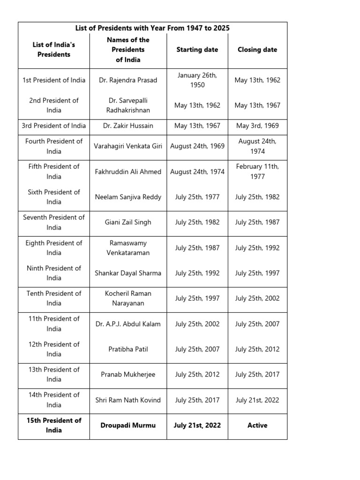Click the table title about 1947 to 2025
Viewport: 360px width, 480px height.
(152, 28)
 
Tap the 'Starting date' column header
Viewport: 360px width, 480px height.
(197, 50)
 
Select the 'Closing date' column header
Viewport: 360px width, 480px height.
(257, 50)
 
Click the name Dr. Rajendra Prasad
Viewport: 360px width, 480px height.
(128, 80)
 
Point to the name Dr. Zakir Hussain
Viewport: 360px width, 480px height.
(128, 126)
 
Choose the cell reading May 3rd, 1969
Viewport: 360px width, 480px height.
(257, 126)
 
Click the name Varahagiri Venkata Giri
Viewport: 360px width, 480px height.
(128, 146)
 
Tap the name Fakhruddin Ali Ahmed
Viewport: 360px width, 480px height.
(128, 172)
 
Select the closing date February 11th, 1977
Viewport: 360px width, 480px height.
(257, 172)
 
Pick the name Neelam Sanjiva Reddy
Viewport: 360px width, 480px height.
(128, 197)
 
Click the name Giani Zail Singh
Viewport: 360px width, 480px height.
(128, 222)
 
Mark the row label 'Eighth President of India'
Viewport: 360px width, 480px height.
(54, 247)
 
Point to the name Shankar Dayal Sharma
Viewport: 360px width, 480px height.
(128, 273)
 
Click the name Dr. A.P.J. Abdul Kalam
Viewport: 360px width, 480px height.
(128, 324)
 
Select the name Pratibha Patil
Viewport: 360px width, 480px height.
(128, 349)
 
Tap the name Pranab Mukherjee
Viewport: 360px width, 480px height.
(128, 375)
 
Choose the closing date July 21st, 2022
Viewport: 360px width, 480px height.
(257, 400)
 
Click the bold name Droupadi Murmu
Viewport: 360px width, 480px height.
(128, 426)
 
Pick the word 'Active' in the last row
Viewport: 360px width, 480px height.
(257, 426)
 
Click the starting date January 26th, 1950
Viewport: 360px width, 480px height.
(197, 80)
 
